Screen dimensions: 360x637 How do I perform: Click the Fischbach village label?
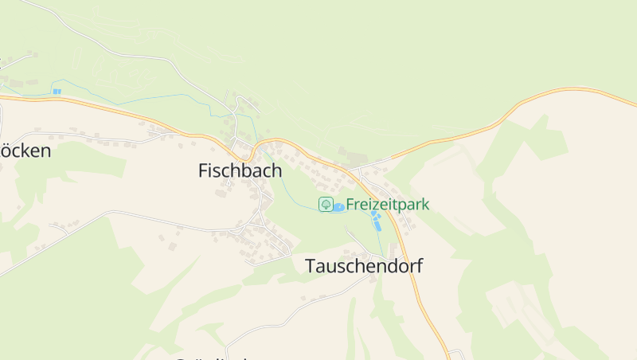point(240,170)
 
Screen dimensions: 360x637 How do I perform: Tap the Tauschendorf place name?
point(364,267)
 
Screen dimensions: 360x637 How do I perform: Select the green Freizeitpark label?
point(387,205)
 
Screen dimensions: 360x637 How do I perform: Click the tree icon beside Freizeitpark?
point(326,205)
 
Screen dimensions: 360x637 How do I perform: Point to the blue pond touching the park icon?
point(338,208)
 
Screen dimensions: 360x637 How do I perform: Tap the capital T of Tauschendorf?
point(311,267)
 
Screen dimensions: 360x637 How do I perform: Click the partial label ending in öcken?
point(25,151)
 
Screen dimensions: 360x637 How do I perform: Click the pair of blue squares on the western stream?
point(57,92)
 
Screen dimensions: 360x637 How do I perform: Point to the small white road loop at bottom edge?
point(455,354)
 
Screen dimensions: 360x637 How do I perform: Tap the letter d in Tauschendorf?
point(385,267)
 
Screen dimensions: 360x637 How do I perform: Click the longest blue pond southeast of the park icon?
point(377,224)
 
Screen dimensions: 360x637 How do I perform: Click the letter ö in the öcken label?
point(7,151)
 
